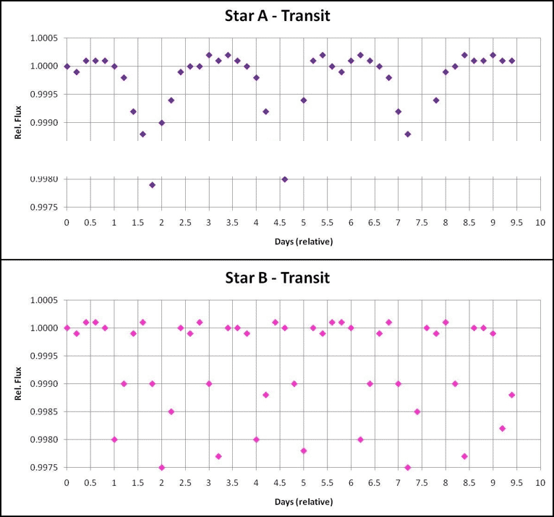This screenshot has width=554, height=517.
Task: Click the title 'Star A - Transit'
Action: (277, 15)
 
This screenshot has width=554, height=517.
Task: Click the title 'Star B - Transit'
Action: (277, 277)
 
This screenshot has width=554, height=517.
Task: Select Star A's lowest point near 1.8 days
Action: (152, 184)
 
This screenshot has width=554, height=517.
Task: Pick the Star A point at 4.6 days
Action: (285, 179)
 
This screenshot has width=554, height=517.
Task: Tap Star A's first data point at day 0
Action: (67, 67)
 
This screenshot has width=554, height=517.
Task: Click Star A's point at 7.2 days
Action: (408, 134)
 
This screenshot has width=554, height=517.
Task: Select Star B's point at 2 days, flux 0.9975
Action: (161, 467)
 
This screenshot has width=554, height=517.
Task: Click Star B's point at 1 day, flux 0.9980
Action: (114, 439)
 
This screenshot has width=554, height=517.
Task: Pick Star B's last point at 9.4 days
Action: (512, 394)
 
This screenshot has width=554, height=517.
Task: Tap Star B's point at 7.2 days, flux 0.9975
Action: (408, 467)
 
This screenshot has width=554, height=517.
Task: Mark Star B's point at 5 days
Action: (304, 450)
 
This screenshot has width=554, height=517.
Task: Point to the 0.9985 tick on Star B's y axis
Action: (46, 411)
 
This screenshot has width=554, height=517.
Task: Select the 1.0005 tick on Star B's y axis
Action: (46, 300)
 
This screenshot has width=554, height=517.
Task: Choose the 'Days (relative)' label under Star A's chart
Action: (303, 242)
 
